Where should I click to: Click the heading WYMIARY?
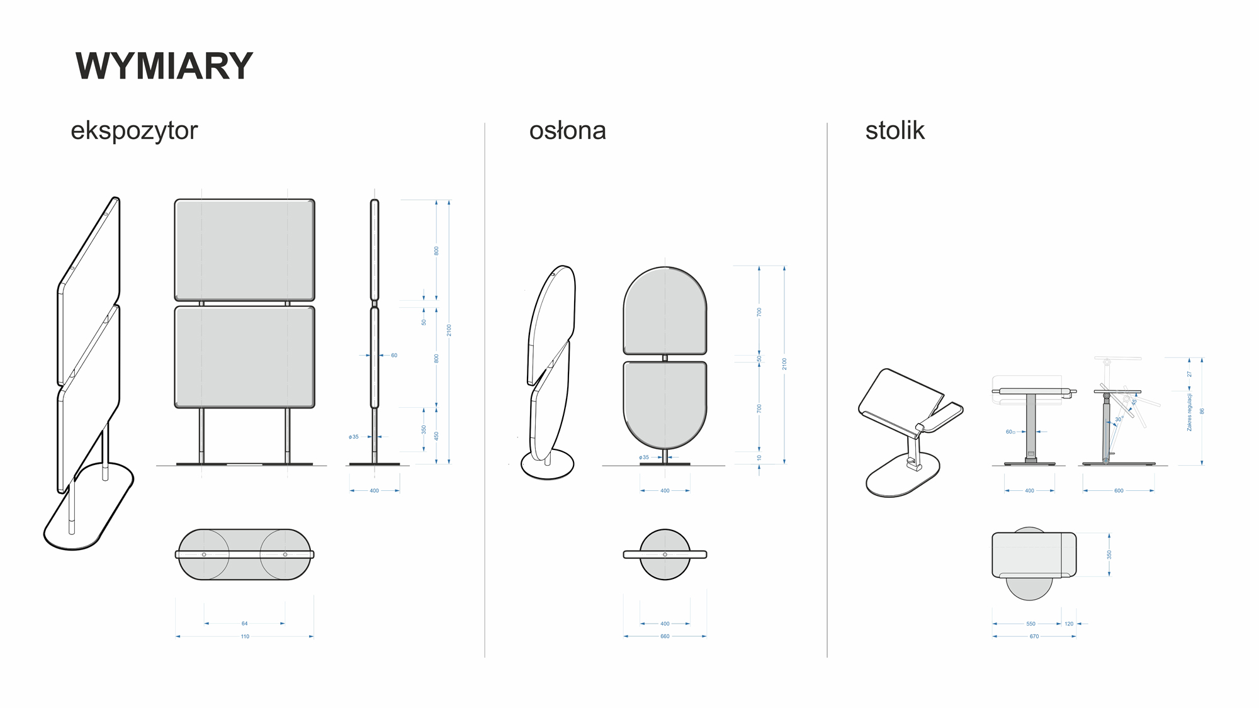click(x=164, y=66)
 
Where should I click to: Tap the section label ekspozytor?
click(x=134, y=131)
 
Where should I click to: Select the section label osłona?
click(x=567, y=131)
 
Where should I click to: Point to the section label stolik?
click(x=895, y=131)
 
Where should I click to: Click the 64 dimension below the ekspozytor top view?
click(x=245, y=624)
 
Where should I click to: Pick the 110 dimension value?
click(x=245, y=637)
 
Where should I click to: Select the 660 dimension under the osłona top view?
click(x=665, y=637)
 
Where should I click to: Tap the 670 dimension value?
click(x=1034, y=637)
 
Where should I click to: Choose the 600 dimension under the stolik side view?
click(x=1119, y=491)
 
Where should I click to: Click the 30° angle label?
click(x=1119, y=419)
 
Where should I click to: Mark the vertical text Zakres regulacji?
click(x=1189, y=412)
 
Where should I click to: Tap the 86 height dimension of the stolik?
click(x=1202, y=412)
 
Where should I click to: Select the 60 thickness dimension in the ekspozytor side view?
click(x=394, y=356)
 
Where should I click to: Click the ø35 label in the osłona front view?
click(x=643, y=458)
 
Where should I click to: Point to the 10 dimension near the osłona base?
click(x=759, y=458)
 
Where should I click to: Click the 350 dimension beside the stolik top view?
click(x=1109, y=554)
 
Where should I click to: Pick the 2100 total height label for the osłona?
click(x=784, y=364)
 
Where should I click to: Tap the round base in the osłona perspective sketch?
click(x=548, y=466)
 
